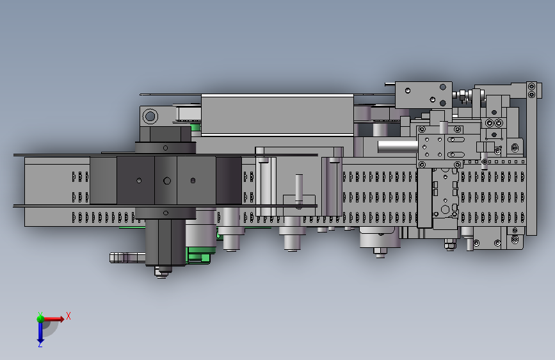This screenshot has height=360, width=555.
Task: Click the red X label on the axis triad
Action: [x=68, y=316]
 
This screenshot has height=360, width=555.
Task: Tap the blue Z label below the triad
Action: [x=40, y=344]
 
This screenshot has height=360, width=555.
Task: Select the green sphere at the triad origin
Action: [x=40, y=319]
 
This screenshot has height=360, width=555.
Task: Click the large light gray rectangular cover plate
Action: [x=277, y=115]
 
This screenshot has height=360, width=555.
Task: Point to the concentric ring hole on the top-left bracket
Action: [x=150, y=116]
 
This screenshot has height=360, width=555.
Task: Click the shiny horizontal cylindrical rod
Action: [x=398, y=146]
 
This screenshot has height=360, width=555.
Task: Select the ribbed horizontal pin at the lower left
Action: [x=127, y=258]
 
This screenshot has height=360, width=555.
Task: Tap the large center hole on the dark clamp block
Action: [x=167, y=181]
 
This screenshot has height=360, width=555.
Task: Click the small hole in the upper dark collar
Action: [x=165, y=148]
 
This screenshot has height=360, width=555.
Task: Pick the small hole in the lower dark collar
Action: [x=166, y=213]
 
